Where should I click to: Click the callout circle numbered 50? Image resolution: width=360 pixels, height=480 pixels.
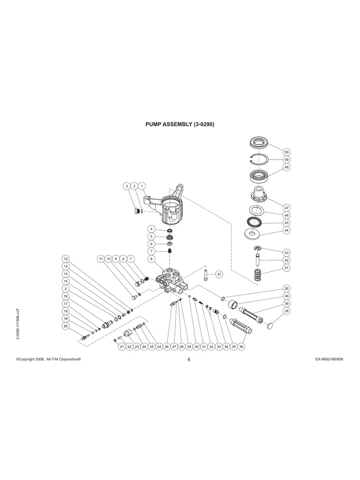point(286,152)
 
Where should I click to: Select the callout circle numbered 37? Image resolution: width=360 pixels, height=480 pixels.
point(219,274)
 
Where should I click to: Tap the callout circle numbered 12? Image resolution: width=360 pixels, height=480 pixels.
point(66,259)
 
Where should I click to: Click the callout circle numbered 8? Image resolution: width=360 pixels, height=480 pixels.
point(151,259)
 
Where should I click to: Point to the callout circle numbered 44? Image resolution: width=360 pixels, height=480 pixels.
point(286,230)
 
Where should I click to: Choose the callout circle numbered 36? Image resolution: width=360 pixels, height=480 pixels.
point(241,346)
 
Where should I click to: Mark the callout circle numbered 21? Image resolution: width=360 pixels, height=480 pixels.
point(122,346)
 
